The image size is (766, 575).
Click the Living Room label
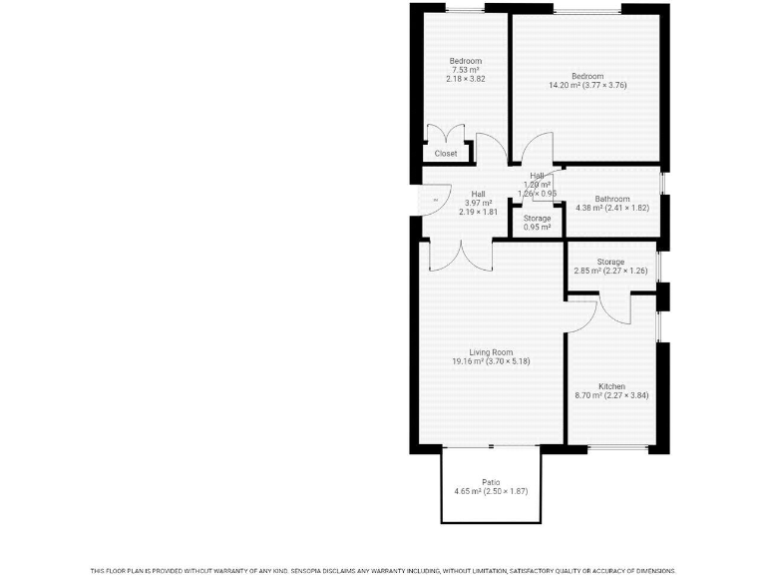491,351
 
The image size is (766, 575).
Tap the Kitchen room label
611,386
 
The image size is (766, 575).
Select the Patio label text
491,482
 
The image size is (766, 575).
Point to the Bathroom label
612,199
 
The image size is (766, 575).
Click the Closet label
446,154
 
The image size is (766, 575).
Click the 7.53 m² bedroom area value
465,70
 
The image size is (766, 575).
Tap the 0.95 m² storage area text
538,228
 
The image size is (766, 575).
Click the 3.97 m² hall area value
479,203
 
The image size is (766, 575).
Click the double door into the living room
462,255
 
